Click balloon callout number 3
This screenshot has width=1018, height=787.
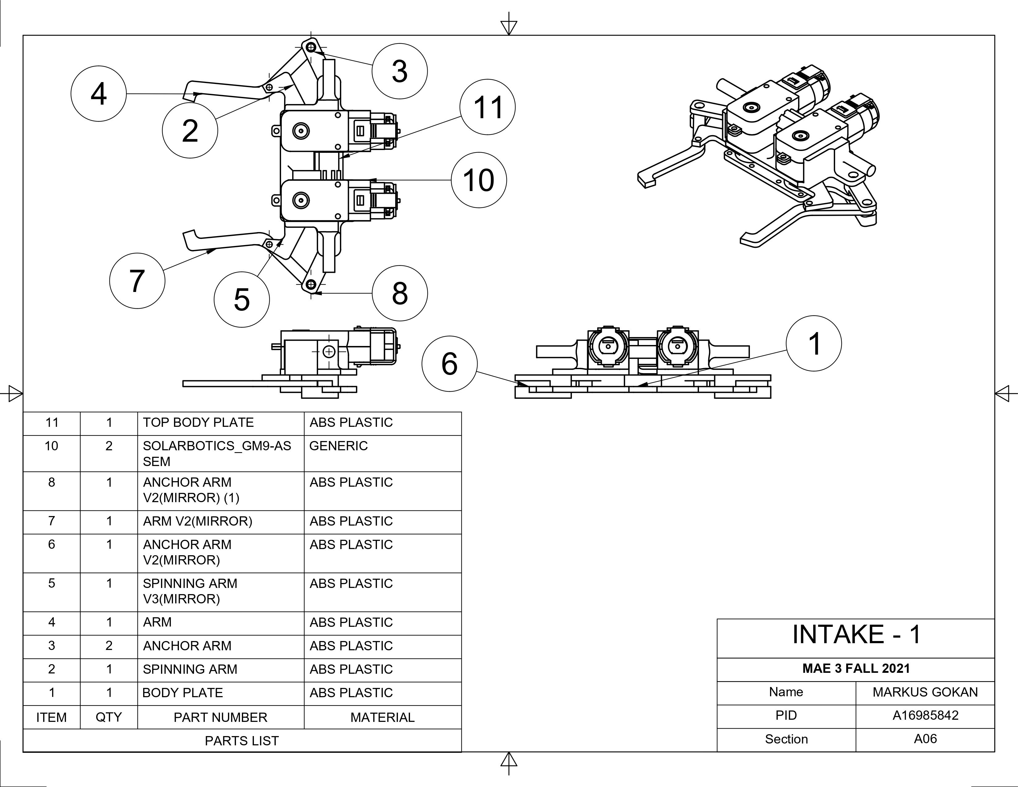tap(399, 71)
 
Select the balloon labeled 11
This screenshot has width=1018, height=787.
tap(487, 107)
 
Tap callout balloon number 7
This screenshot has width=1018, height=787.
tap(137, 281)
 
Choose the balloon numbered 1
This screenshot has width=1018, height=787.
tap(813, 344)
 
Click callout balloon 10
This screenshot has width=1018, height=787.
tap(479, 180)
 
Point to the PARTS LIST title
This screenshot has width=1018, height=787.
tap(242, 741)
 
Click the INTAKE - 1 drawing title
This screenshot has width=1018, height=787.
tap(856, 634)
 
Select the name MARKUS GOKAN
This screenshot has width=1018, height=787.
tap(925, 692)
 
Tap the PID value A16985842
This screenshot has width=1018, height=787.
tap(925, 716)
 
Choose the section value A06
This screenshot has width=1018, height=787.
tap(925, 739)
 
